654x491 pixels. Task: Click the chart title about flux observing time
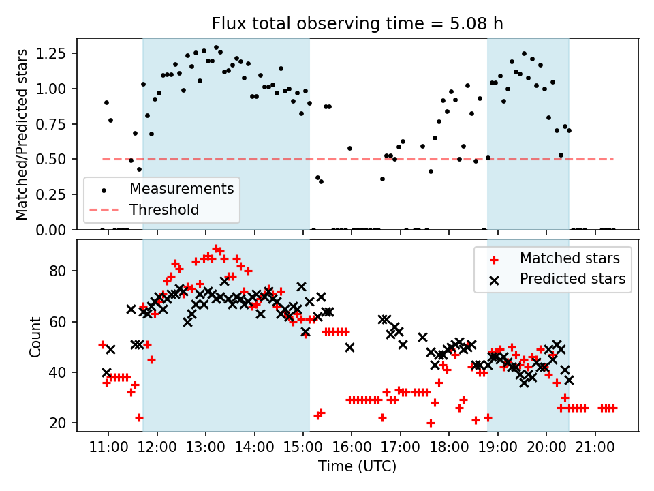point(357,24)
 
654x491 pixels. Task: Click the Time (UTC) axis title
point(357,467)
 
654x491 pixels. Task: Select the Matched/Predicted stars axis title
point(22,134)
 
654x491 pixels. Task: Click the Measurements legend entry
point(182,188)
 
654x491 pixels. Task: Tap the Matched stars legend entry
point(570,258)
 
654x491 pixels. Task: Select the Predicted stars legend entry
point(572,279)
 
